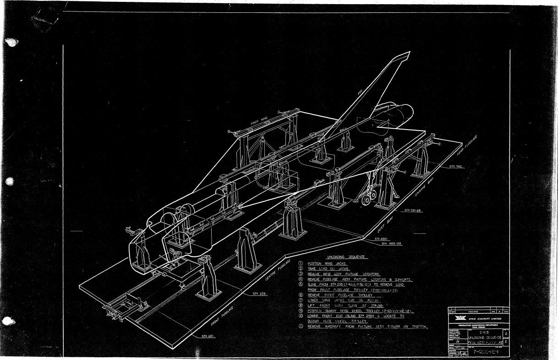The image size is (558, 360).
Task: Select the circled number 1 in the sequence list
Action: [x=301, y=263]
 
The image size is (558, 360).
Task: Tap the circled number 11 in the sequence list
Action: [x=301, y=327]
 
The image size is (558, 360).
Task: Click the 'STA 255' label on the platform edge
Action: [x=260, y=293]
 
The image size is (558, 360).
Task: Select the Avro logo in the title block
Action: [x=458, y=318]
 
